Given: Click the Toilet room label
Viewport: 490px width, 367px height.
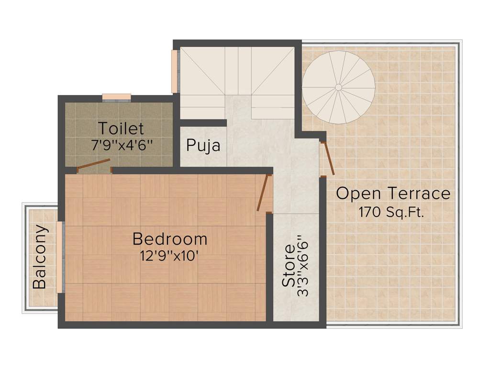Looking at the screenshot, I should tap(121, 129).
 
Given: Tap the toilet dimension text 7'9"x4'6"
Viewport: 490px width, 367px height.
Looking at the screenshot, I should tap(122, 145).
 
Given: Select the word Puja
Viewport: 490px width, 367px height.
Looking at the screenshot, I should tap(203, 145).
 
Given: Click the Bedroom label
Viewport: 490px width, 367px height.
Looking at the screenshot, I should tap(170, 238).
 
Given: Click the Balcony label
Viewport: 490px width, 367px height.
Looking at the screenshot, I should tap(40, 257).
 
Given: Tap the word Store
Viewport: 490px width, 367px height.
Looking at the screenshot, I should tap(289, 266).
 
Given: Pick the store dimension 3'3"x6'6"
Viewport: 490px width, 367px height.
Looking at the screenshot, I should tap(302, 266).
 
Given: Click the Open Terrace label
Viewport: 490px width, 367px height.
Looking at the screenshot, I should tap(393, 194).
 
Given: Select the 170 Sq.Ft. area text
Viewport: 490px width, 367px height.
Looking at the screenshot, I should tap(391, 212).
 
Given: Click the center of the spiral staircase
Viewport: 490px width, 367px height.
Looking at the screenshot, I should tap(338, 87).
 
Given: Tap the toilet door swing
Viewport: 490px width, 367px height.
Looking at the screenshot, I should tap(93, 164).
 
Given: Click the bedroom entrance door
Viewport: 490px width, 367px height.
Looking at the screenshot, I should tap(262, 193).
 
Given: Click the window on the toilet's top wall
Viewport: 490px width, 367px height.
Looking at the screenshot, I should tap(116, 97).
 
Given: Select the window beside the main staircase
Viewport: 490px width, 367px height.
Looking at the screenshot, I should tap(175, 71).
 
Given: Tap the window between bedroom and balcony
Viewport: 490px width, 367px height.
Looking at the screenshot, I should tap(60, 257).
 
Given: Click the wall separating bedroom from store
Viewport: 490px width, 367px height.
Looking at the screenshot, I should tap(269, 268).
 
